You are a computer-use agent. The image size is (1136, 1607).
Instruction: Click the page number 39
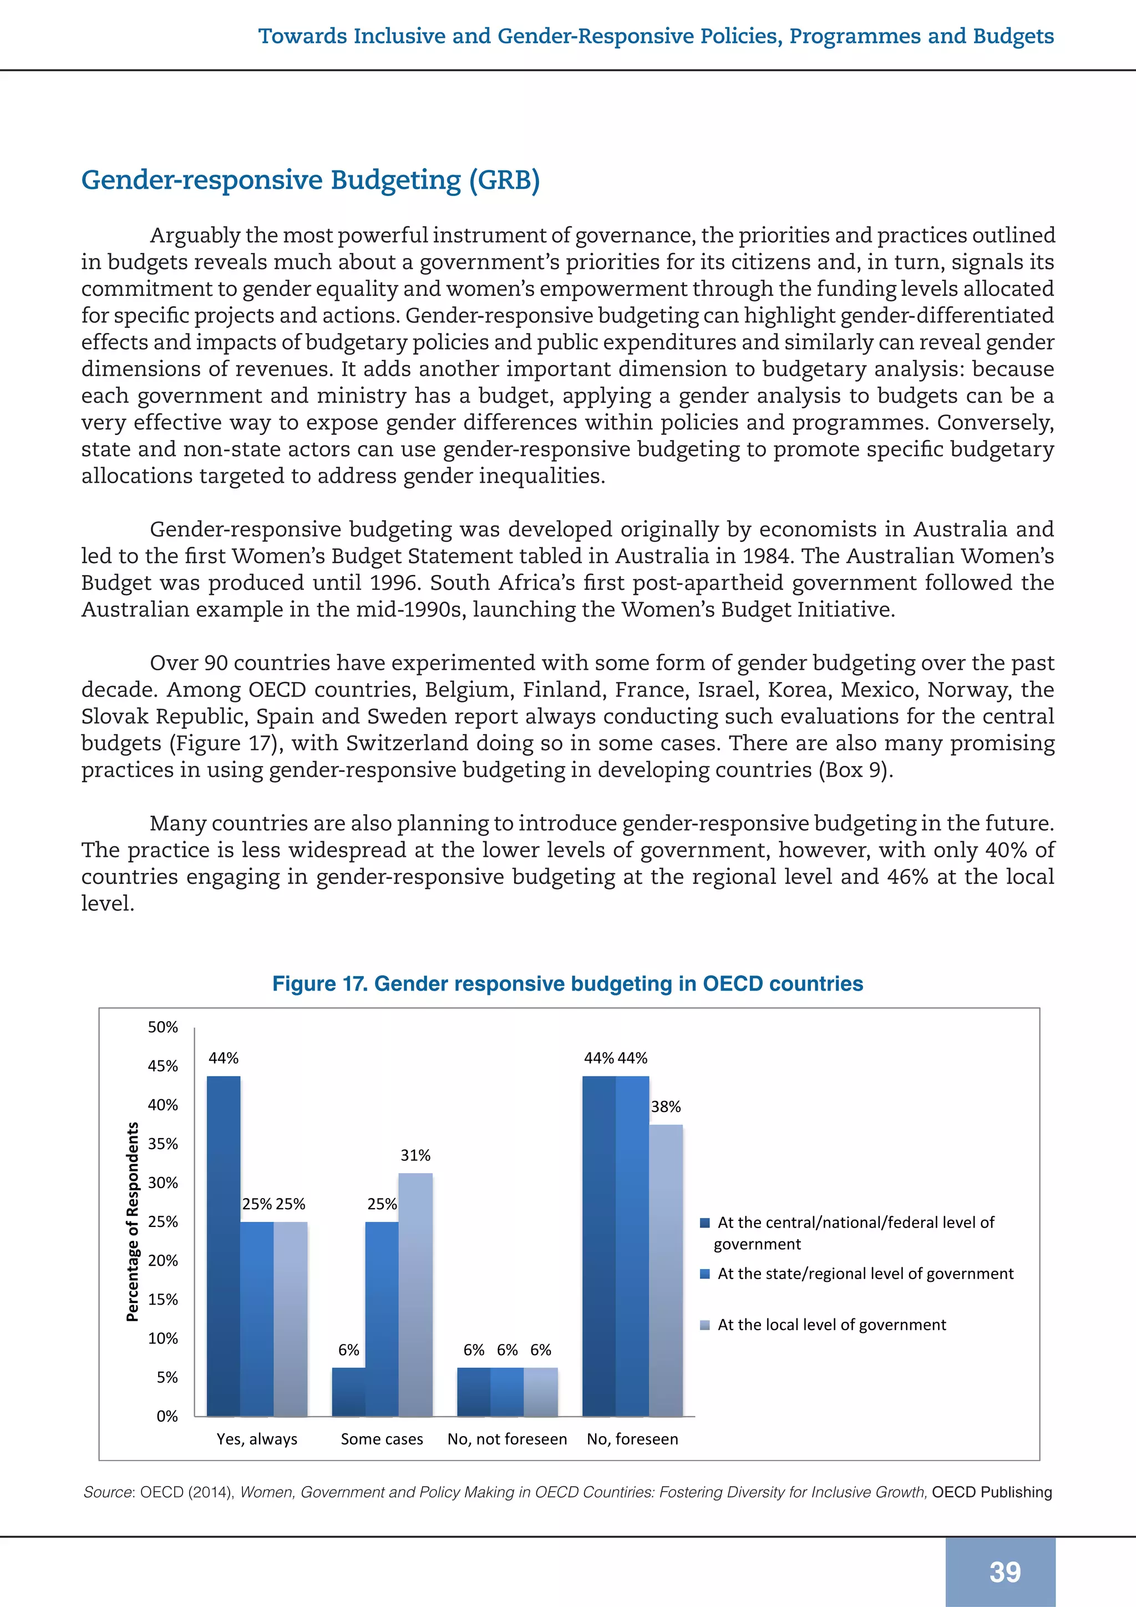pyautogui.click(x=1005, y=1572)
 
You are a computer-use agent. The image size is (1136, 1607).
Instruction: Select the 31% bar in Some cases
pyautogui.click(x=415, y=1294)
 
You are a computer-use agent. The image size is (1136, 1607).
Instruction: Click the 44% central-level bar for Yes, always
pyautogui.click(x=224, y=1246)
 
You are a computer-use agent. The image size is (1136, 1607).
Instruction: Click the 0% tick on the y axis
pyautogui.click(x=167, y=1416)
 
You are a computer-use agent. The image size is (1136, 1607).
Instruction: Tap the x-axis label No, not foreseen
pyautogui.click(x=507, y=1439)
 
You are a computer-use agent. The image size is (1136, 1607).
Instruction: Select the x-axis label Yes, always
pyautogui.click(x=257, y=1439)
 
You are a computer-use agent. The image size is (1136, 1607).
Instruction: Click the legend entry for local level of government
pyautogui.click(x=831, y=1325)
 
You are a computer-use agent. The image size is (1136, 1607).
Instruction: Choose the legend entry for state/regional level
pyautogui.click(x=865, y=1274)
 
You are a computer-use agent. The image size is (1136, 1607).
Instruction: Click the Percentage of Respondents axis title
pyautogui.click(x=132, y=1221)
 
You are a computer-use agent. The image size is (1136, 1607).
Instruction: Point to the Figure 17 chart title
pyautogui.click(x=567, y=983)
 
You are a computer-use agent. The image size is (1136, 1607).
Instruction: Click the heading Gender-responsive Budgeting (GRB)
pyautogui.click(x=311, y=180)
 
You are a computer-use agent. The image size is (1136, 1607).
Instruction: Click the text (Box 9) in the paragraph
pyautogui.click(x=855, y=770)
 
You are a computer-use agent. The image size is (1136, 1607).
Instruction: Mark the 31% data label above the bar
pyautogui.click(x=415, y=1155)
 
